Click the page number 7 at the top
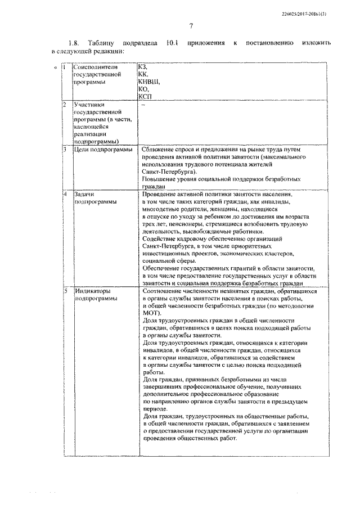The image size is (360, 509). [x=191, y=26]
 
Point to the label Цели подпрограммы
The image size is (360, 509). [x=103, y=150]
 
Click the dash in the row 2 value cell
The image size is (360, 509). [x=143, y=105]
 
